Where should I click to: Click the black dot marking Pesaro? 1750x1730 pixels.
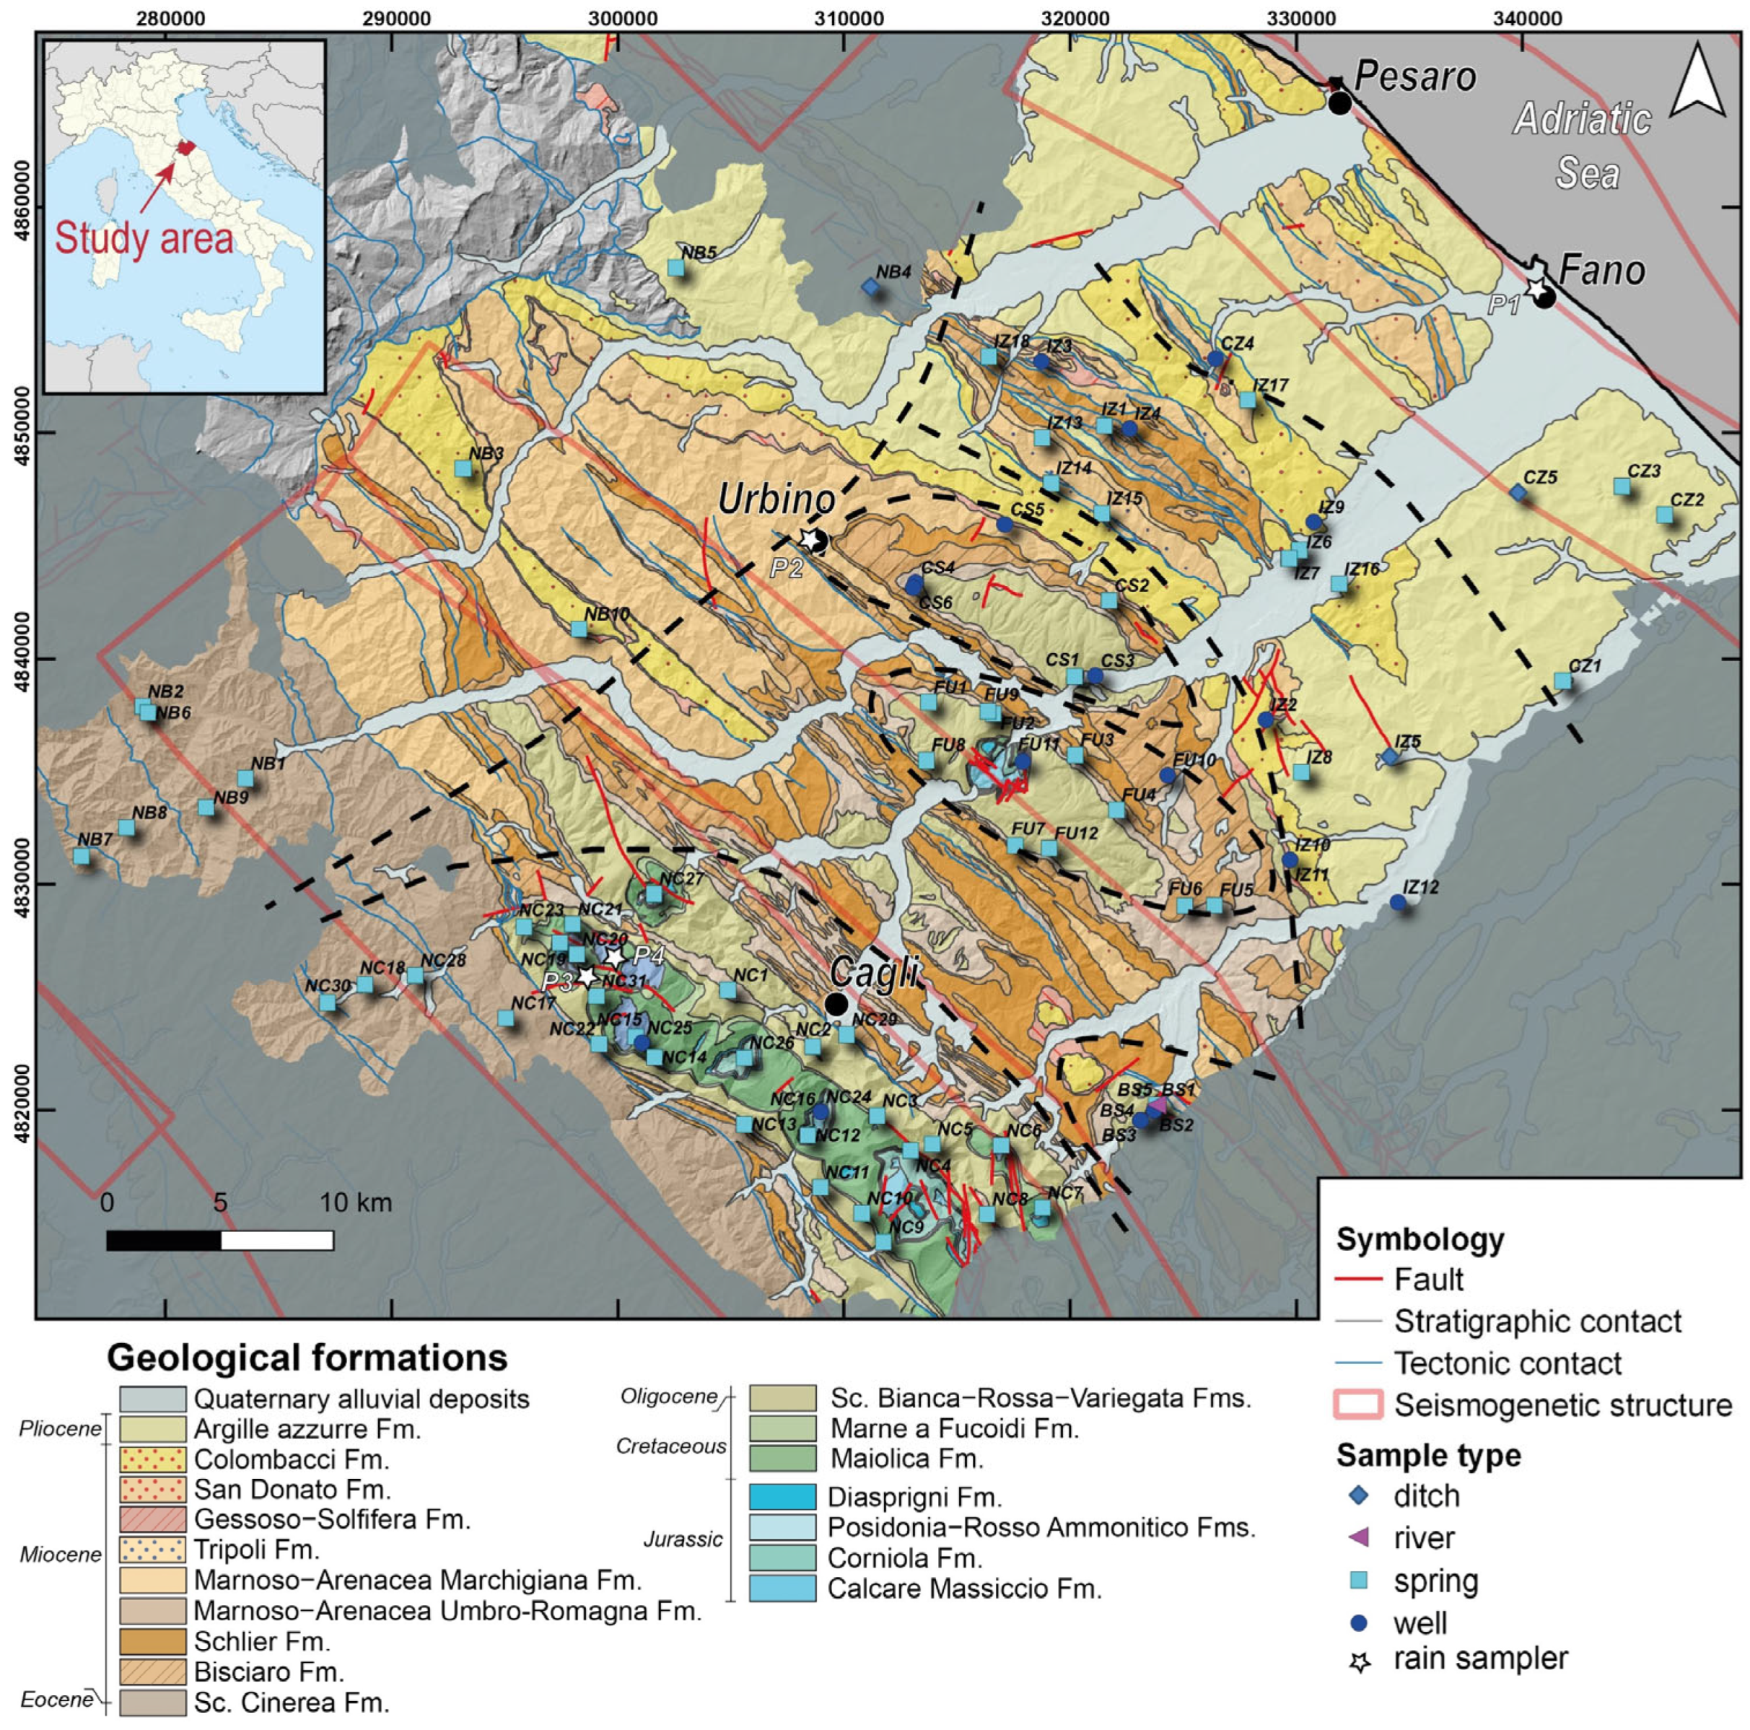[x=1339, y=102]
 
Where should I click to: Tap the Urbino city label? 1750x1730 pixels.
[x=776, y=499]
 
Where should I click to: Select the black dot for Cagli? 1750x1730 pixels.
[x=836, y=1005]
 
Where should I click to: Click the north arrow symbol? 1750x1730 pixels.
[x=1697, y=82]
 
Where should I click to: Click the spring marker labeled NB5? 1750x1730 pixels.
[x=675, y=268]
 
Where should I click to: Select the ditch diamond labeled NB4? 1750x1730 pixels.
[x=870, y=287]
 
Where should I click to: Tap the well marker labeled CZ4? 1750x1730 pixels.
[x=1215, y=359]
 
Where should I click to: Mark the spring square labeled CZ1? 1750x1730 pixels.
[x=1562, y=681]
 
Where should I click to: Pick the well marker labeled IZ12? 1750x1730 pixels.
[x=1398, y=902]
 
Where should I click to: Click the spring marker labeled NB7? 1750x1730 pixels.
[x=82, y=856]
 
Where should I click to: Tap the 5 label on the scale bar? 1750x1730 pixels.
[x=220, y=1203]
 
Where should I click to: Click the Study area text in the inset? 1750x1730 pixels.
[x=144, y=239]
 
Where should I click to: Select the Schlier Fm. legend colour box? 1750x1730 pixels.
[x=152, y=1641]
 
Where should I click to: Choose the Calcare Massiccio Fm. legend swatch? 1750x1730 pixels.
[x=782, y=1589]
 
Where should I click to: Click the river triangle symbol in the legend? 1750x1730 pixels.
[x=1360, y=1537]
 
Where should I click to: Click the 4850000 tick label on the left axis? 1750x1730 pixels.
[x=22, y=432]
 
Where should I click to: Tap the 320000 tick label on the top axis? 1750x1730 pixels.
[x=1071, y=15]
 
